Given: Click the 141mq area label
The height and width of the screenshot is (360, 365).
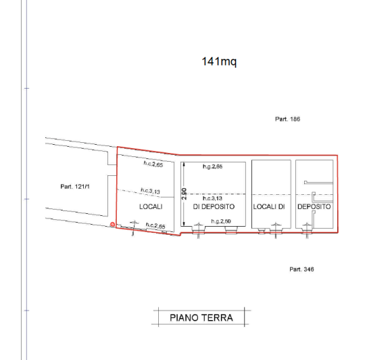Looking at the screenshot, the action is click(219, 62).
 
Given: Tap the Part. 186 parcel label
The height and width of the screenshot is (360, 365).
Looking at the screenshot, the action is click(287, 119).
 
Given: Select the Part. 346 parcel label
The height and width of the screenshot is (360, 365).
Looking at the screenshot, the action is click(301, 269).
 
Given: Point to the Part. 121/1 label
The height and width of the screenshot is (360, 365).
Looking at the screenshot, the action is click(75, 186).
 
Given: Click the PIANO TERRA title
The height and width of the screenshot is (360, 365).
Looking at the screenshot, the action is click(201, 318).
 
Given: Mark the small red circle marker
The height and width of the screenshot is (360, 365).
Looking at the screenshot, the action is click(112, 225).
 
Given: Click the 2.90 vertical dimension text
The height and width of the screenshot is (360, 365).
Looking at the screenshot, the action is click(184, 194).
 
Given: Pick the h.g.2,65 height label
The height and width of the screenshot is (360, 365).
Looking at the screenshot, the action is click(212, 166).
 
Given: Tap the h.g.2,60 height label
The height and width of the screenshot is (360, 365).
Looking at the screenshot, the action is click(221, 221).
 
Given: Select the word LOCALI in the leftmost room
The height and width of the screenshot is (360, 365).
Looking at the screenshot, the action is click(151, 206).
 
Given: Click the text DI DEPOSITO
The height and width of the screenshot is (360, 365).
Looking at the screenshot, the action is click(214, 206).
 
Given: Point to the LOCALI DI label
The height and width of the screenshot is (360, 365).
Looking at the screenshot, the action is click(269, 206).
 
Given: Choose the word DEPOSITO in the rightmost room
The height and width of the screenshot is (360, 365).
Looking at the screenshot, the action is click(314, 206).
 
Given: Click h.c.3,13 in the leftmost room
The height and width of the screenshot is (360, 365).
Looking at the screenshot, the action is click(150, 191).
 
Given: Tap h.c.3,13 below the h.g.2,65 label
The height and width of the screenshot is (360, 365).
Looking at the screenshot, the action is click(212, 198).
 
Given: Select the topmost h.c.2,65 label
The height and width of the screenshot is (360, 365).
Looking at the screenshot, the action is click(153, 164).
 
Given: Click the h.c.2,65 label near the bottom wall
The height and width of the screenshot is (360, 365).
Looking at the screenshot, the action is click(155, 225).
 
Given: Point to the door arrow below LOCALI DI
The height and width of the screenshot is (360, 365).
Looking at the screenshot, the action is click(276, 231).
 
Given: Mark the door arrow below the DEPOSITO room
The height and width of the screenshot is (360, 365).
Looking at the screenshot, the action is click(307, 231).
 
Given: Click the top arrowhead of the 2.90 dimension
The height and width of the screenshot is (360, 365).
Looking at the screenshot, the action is click(184, 164).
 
